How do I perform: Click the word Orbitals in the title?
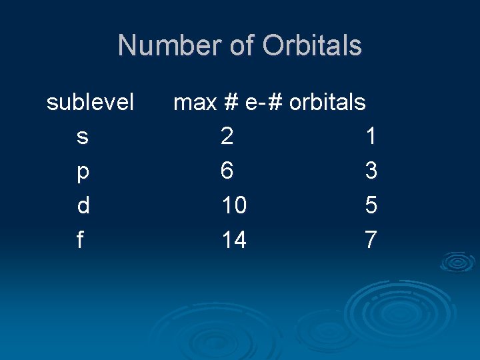click(312, 46)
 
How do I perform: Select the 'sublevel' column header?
click(90, 102)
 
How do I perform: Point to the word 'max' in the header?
click(195, 103)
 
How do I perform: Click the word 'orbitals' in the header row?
click(327, 102)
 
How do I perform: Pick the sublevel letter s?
click(82, 137)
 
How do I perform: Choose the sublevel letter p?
click(82, 172)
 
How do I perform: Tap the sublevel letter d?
click(83, 206)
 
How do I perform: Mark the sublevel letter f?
click(80, 240)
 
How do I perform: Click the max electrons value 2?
click(227, 137)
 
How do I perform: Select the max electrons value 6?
click(227, 171)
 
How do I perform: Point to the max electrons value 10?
click(234, 206)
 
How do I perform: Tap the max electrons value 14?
click(234, 240)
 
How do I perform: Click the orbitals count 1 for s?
click(371, 137)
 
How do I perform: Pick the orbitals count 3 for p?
click(371, 171)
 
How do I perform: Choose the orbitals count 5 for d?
click(371, 206)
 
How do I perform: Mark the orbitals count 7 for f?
click(371, 240)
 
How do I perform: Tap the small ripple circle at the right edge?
click(457, 262)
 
